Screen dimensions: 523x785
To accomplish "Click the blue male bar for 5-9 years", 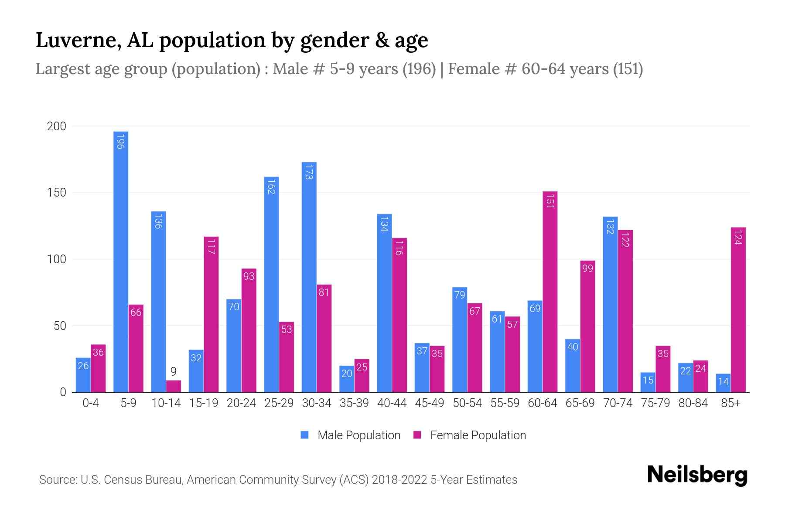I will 121,261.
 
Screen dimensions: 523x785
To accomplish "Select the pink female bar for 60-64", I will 550,292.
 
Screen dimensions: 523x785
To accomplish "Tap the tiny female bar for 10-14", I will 174,387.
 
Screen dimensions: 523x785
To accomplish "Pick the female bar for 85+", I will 738,309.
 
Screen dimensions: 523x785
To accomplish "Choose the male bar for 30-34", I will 309,277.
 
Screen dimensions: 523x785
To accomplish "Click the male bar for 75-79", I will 648,382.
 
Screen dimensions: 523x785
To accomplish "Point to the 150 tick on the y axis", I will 57,193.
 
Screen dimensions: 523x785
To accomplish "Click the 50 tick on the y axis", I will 60,326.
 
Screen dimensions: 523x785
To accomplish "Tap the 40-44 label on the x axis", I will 392,403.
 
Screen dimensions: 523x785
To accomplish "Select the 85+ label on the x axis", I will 730,403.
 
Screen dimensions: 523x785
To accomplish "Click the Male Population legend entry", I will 358,435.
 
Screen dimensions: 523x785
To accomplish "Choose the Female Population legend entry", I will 478,435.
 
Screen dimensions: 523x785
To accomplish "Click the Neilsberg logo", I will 697,475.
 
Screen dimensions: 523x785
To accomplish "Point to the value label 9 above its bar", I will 174,372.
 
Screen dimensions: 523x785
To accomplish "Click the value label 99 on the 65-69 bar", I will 587,268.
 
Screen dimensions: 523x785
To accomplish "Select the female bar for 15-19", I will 211,314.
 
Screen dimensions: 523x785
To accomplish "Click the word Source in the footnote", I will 57,480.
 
